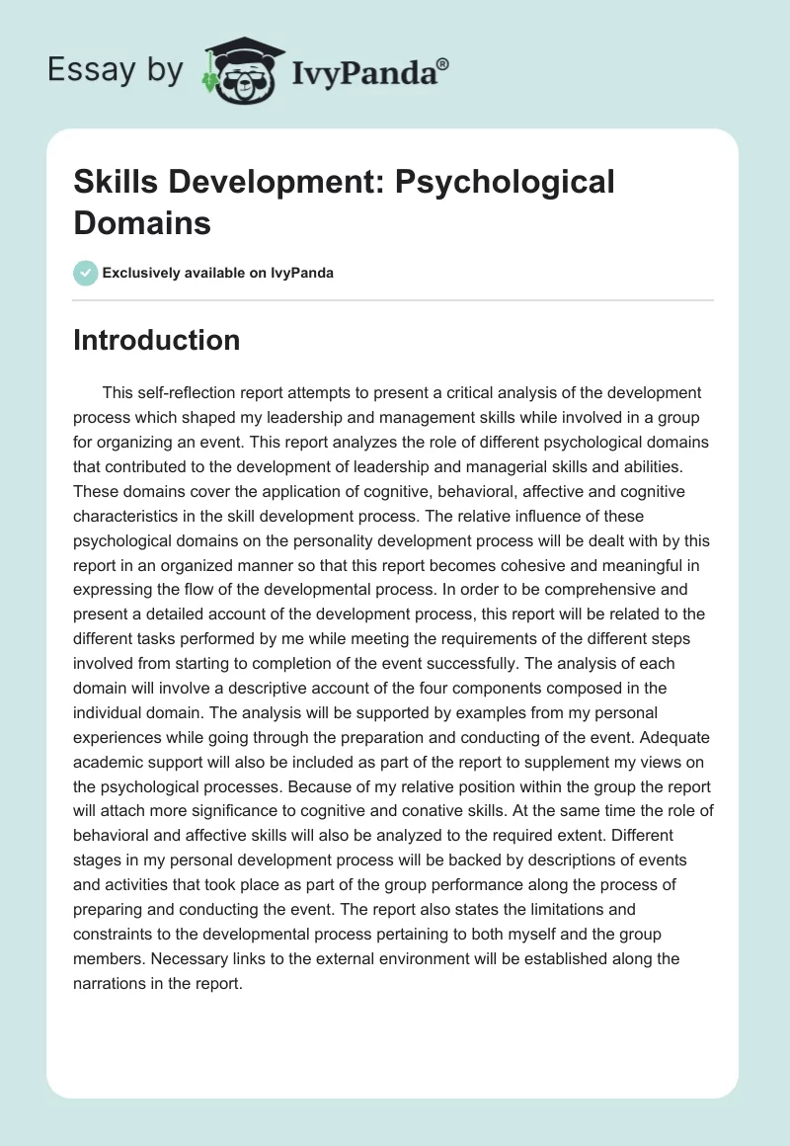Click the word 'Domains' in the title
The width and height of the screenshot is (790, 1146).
[x=142, y=222]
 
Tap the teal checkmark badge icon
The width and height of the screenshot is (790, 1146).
[x=86, y=273]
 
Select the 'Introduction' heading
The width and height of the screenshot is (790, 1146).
[x=157, y=340]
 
